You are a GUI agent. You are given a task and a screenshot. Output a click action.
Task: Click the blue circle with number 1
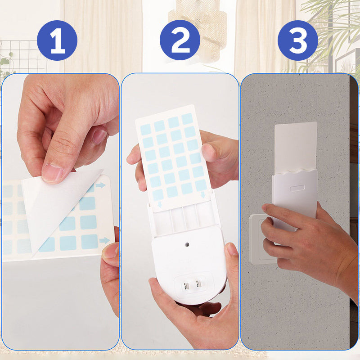click(x=57, y=40)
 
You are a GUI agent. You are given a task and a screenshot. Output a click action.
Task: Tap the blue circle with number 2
click(x=180, y=40)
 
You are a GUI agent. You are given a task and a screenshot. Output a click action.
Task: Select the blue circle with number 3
click(x=297, y=40)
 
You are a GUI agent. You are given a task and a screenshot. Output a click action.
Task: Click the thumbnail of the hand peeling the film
click(x=61, y=211)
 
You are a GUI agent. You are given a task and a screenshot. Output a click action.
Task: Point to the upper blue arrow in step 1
click(x=100, y=185)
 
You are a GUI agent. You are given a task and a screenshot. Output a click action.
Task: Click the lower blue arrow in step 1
click(x=104, y=240)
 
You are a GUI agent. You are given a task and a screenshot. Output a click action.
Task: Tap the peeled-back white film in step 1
click(x=54, y=202)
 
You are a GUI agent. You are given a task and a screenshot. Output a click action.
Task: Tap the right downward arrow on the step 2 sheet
click(x=203, y=194)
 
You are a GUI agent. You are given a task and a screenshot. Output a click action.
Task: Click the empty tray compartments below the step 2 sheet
click(x=182, y=218)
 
